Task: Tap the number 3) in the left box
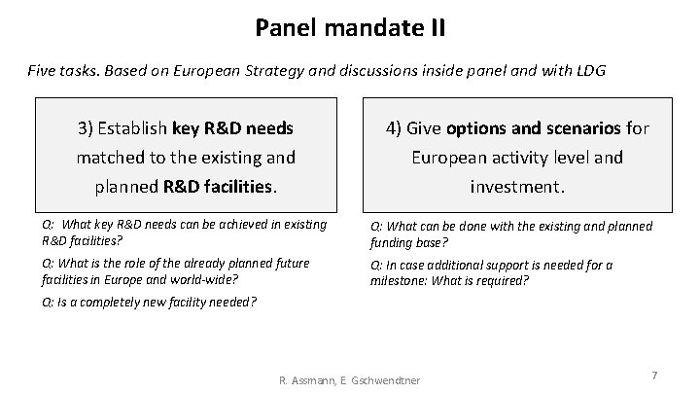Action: [88, 127]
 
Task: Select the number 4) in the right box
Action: [395, 127]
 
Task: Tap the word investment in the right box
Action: [515, 185]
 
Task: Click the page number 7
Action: [654, 375]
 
